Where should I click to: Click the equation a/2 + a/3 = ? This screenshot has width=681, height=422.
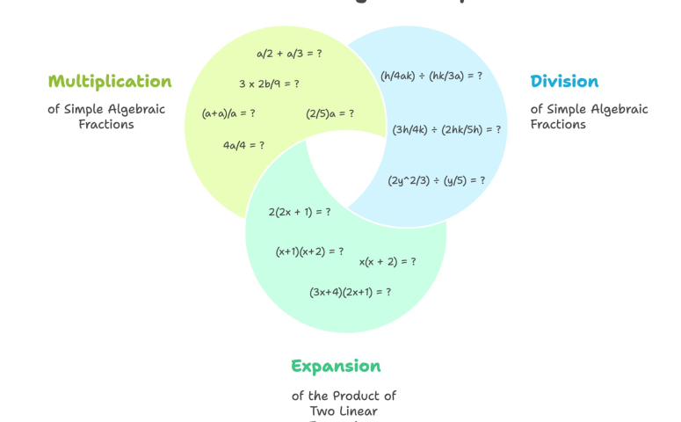tap(289, 54)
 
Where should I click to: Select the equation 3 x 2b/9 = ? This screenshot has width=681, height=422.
tap(269, 84)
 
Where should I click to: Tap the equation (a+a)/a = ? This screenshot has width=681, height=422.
tap(228, 113)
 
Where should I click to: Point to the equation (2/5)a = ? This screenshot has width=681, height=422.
tap(330, 113)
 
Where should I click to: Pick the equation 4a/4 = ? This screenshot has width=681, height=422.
tap(243, 145)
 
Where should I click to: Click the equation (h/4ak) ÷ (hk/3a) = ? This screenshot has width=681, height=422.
tap(431, 76)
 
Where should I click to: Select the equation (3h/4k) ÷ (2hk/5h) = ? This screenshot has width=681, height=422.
tap(446, 129)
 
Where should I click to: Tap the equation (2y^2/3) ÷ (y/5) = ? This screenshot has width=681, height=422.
tap(436, 180)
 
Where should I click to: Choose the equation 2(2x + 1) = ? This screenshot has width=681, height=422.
tap(300, 212)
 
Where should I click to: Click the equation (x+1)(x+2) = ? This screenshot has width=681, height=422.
tap(309, 251)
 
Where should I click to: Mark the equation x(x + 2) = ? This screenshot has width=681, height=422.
tap(388, 261)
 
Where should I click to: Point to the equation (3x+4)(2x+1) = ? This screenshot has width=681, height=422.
tap(350, 292)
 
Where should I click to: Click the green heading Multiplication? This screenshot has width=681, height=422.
tap(110, 82)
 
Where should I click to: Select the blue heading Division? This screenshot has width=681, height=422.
tap(564, 82)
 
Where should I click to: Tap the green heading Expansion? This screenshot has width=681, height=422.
tap(336, 366)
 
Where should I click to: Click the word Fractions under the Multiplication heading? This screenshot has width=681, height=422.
tap(106, 125)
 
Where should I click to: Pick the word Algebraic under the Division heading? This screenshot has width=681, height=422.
tap(615, 109)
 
